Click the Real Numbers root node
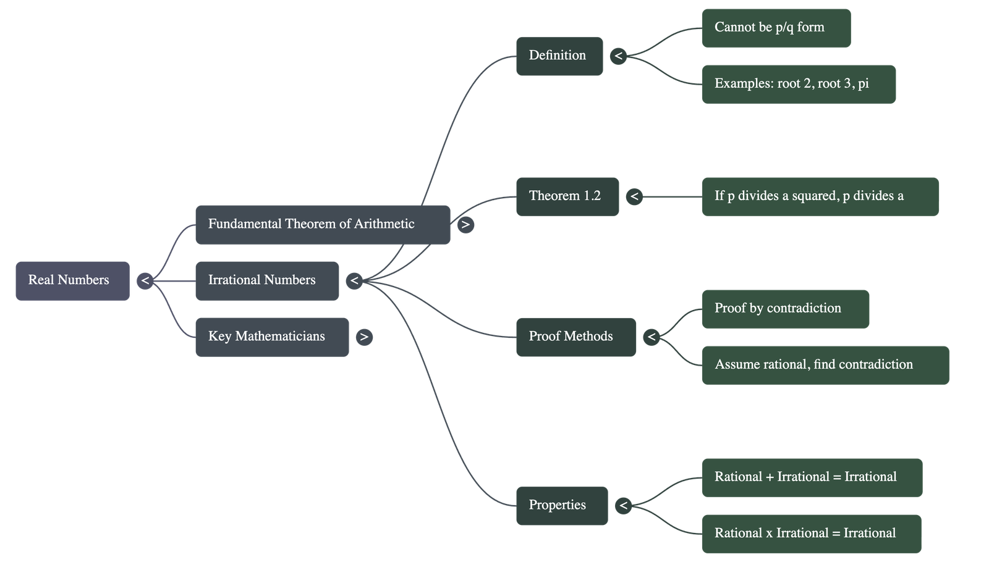(72, 280)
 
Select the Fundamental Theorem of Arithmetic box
(322, 224)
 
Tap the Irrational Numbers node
(266, 280)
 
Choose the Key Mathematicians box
(271, 337)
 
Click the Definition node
(559, 56)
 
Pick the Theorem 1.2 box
(567, 196)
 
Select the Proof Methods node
(575, 337)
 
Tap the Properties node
(561, 505)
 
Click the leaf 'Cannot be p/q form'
(776, 28)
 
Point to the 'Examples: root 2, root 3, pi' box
(798, 84)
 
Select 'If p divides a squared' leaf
(820, 196)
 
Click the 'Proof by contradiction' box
(785, 309)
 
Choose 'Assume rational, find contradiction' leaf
(825, 365)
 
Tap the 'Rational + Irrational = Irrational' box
(812, 477)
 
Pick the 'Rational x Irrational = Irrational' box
(811, 534)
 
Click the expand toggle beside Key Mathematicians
(364, 337)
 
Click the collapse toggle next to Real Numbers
(145, 281)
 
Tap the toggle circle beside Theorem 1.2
(634, 196)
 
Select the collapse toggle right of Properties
(623, 506)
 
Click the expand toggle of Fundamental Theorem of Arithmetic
(465, 225)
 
